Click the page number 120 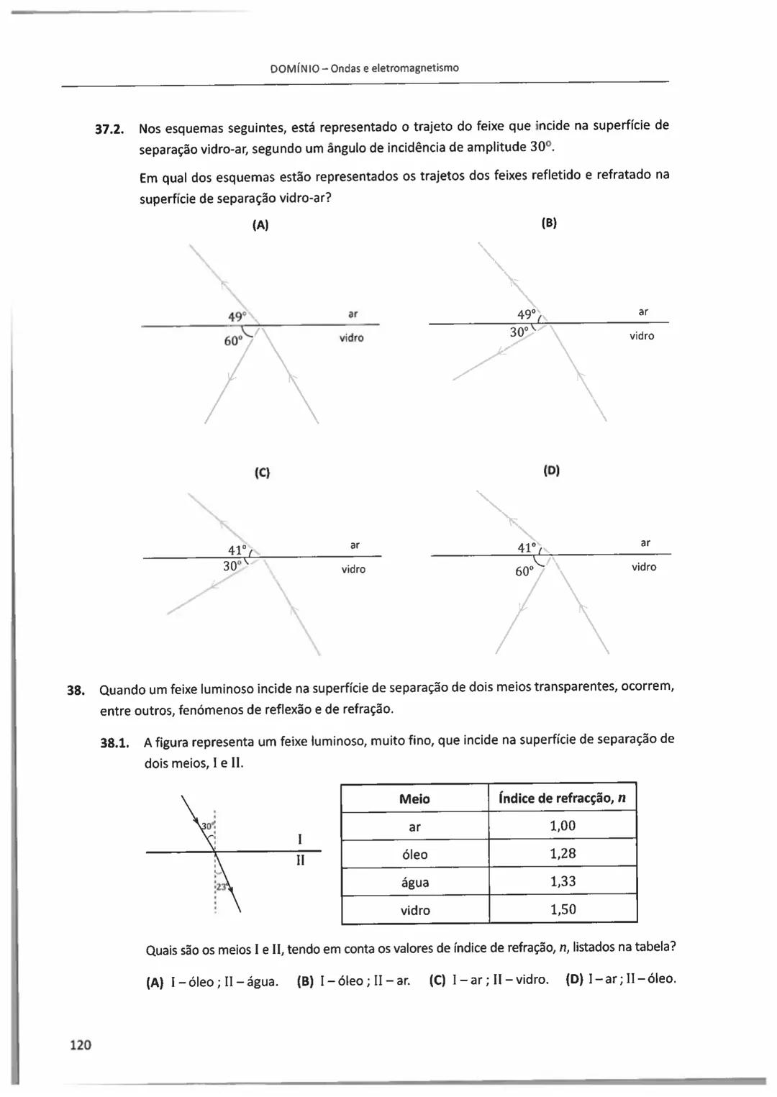pyautogui.click(x=81, y=1044)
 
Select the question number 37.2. pyautogui.click(x=110, y=130)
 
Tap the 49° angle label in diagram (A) pyautogui.click(x=237, y=317)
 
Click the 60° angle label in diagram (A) pyautogui.click(x=232, y=341)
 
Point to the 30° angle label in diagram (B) pyautogui.click(x=519, y=332)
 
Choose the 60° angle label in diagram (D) pyautogui.click(x=524, y=571)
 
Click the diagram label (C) pyautogui.click(x=262, y=473)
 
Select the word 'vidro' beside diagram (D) pyautogui.click(x=644, y=567)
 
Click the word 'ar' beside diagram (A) pyautogui.click(x=353, y=314)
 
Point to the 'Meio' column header pyautogui.click(x=414, y=798)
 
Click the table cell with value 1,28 pyautogui.click(x=563, y=854)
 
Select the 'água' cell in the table pyautogui.click(x=414, y=883)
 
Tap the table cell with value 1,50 pyautogui.click(x=563, y=909)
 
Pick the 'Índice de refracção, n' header pyautogui.click(x=562, y=798)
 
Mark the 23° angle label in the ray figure pyautogui.click(x=222, y=887)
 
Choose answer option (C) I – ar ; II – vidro pyautogui.click(x=489, y=980)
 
